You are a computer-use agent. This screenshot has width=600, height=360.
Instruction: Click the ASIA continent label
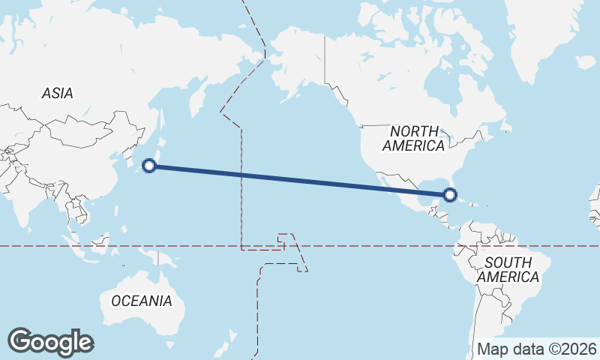(57, 94)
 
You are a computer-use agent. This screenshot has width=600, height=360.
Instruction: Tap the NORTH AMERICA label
(413, 138)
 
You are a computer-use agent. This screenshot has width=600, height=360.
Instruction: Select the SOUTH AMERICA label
(508, 269)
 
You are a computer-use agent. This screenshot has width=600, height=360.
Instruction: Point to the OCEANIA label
(142, 301)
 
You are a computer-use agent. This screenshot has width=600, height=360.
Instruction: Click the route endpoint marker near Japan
(149, 166)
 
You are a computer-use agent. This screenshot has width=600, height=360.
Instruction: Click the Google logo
(50, 342)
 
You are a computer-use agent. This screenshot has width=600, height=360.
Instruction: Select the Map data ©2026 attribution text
(537, 349)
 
